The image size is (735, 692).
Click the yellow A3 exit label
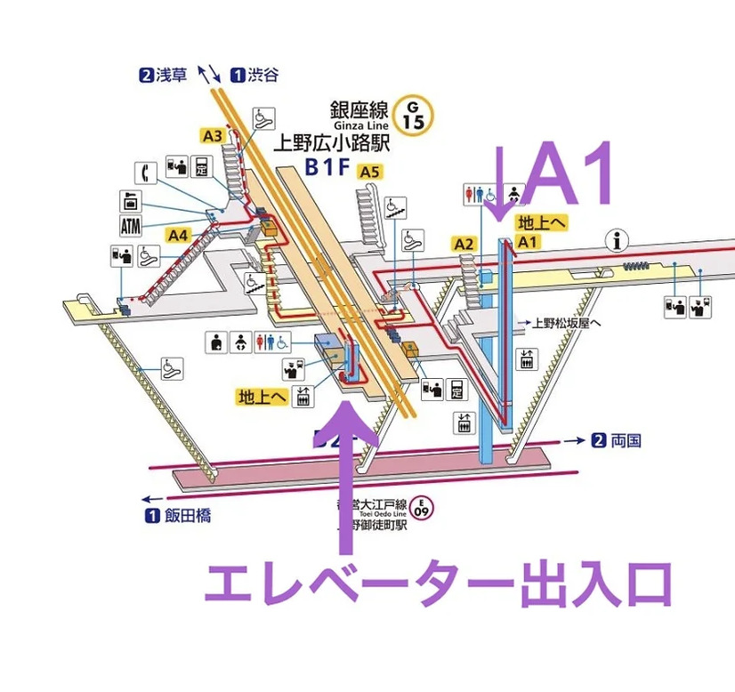pos(212,136)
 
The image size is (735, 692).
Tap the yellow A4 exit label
pos(179,235)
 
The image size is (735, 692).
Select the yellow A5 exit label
pos(369,172)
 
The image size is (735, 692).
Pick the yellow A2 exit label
pos(463,243)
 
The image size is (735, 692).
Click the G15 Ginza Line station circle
pos(413,114)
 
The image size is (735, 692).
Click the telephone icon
pos(142,171)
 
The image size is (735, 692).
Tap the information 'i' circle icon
pos(613,238)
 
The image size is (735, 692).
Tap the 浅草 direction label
pos(171,75)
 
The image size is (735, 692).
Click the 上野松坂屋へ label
pos(566,323)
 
